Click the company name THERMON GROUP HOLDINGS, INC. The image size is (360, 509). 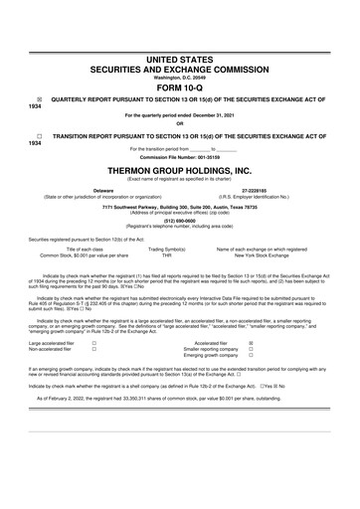click(180, 169)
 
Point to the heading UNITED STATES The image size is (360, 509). click(180, 33)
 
